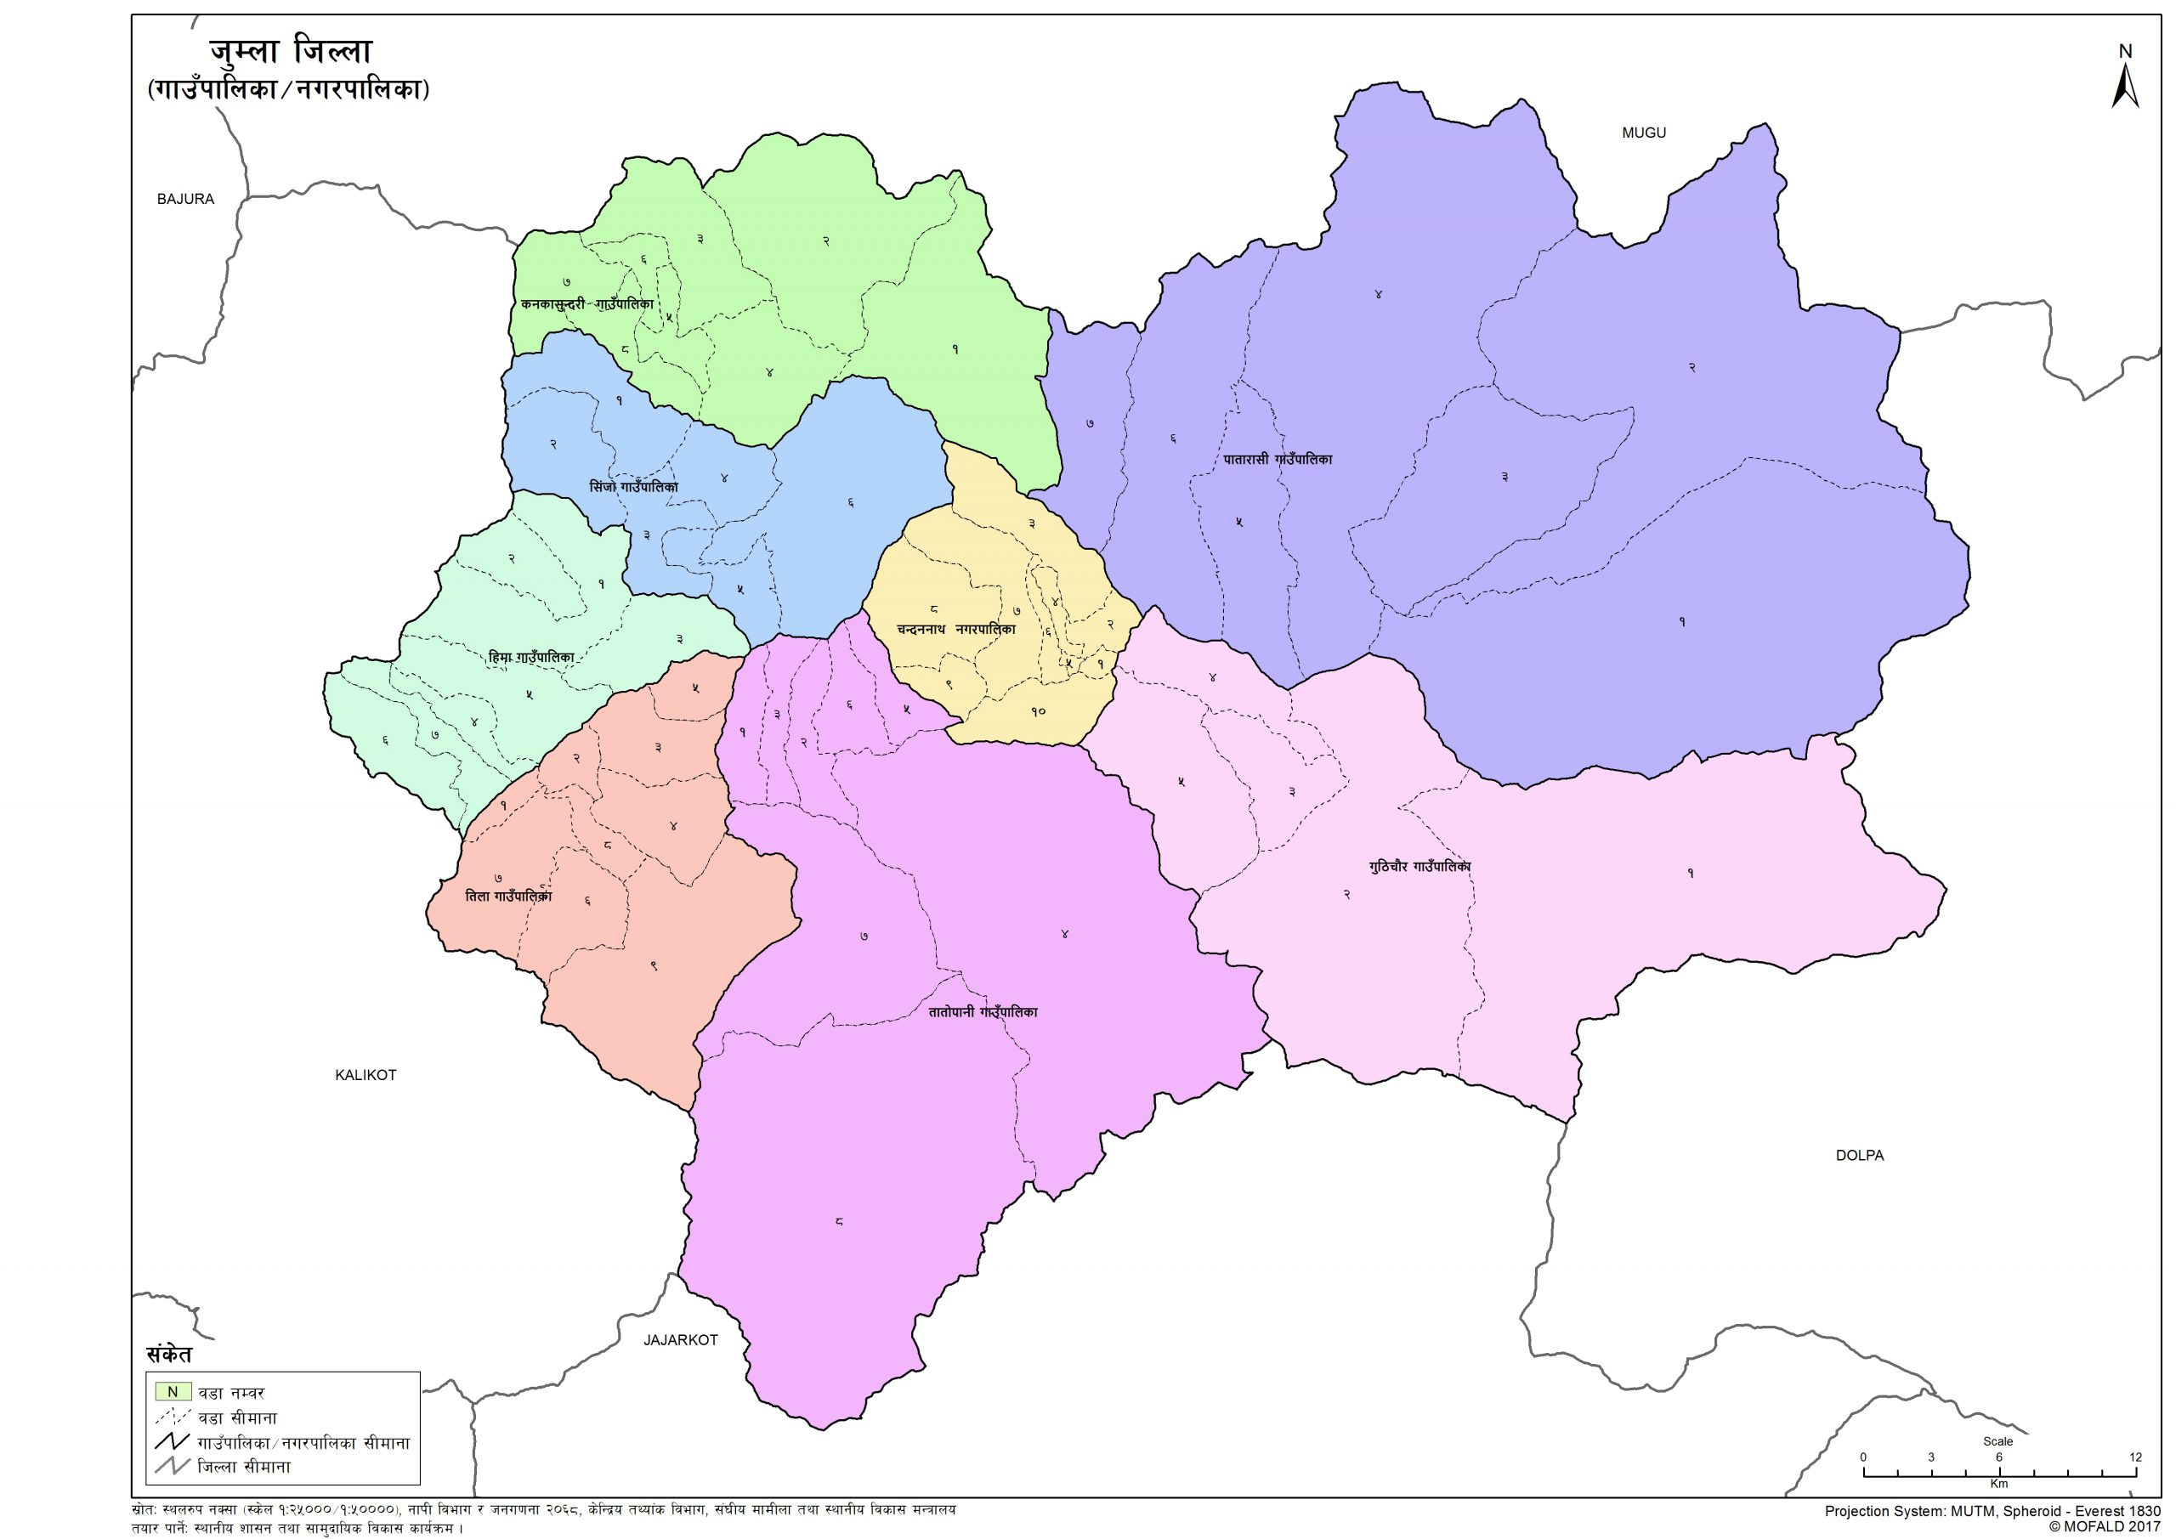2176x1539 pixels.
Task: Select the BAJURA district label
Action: pyautogui.click(x=186, y=199)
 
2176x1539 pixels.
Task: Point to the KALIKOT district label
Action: pyautogui.click(x=365, y=1075)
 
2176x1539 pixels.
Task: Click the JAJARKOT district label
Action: pyautogui.click(x=681, y=1340)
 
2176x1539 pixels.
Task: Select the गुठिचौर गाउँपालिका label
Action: pyautogui.click(x=1419, y=866)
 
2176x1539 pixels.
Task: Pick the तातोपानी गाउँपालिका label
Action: pyautogui.click(x=983, y=1012)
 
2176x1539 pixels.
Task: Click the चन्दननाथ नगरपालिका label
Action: pyautogui.click(x=956, y=629)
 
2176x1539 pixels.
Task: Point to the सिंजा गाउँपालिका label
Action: pyautogui.click(x=634, y=487)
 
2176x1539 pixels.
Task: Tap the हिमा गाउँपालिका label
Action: pyautogui.click(x=532, y=657)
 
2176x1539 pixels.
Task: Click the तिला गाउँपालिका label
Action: pyautogui.click(x=509, y=896)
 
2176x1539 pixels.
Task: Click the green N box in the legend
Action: pyautogui.click(x=173, y=1392)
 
